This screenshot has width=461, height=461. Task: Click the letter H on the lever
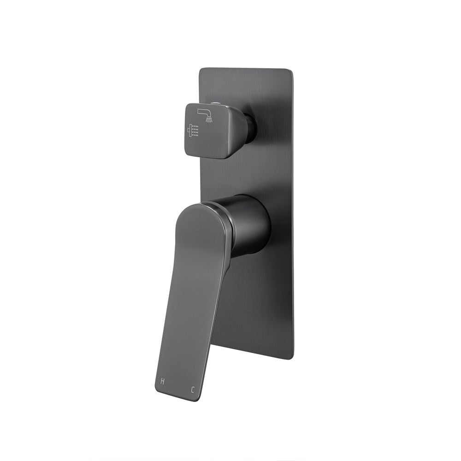click(162, 381)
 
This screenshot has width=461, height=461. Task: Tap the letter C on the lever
click(192, 390)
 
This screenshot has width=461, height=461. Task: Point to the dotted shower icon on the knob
click(193, 131)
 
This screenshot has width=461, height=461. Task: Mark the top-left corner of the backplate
click(200, 70)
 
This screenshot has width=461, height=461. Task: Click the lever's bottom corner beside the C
click(197, 399)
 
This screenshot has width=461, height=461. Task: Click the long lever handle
click(194, 300)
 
